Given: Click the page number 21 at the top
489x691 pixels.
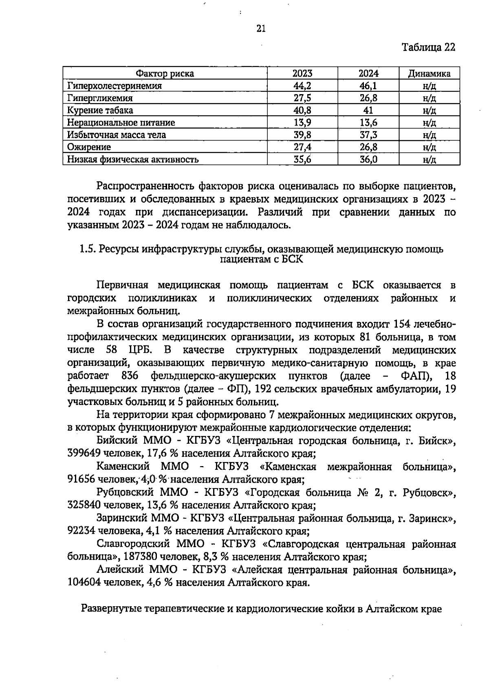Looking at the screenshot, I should (261, 28).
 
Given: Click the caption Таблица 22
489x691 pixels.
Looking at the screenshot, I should (428, 47).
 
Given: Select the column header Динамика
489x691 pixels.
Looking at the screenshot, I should (430, 73).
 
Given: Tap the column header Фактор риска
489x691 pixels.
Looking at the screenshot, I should (165, 73).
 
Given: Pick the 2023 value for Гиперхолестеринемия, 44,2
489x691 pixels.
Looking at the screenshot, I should (302, 86).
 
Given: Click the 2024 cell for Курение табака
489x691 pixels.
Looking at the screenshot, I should (368, 110).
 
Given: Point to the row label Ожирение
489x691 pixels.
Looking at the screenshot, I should (89, 147).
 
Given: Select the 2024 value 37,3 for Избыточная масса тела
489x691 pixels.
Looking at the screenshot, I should (368, 135).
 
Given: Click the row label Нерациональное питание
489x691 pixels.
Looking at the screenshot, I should (121, 123).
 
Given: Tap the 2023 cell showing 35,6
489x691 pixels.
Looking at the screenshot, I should (302, 159).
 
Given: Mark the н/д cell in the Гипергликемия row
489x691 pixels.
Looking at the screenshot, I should (430, 98).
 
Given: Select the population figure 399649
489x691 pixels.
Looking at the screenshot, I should (84, 453).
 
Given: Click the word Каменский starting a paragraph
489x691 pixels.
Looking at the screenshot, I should (123, 466).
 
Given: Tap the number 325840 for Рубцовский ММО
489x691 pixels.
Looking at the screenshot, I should (84, 505).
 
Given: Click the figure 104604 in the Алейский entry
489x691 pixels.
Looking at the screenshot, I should (84, 583).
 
